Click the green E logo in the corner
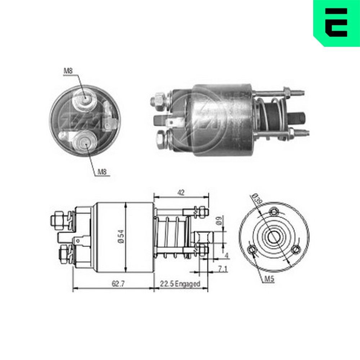337,22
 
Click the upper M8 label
68,71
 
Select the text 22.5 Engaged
180,284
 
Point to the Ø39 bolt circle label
256,199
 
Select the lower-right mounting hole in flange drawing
296,249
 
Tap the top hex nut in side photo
159,100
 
